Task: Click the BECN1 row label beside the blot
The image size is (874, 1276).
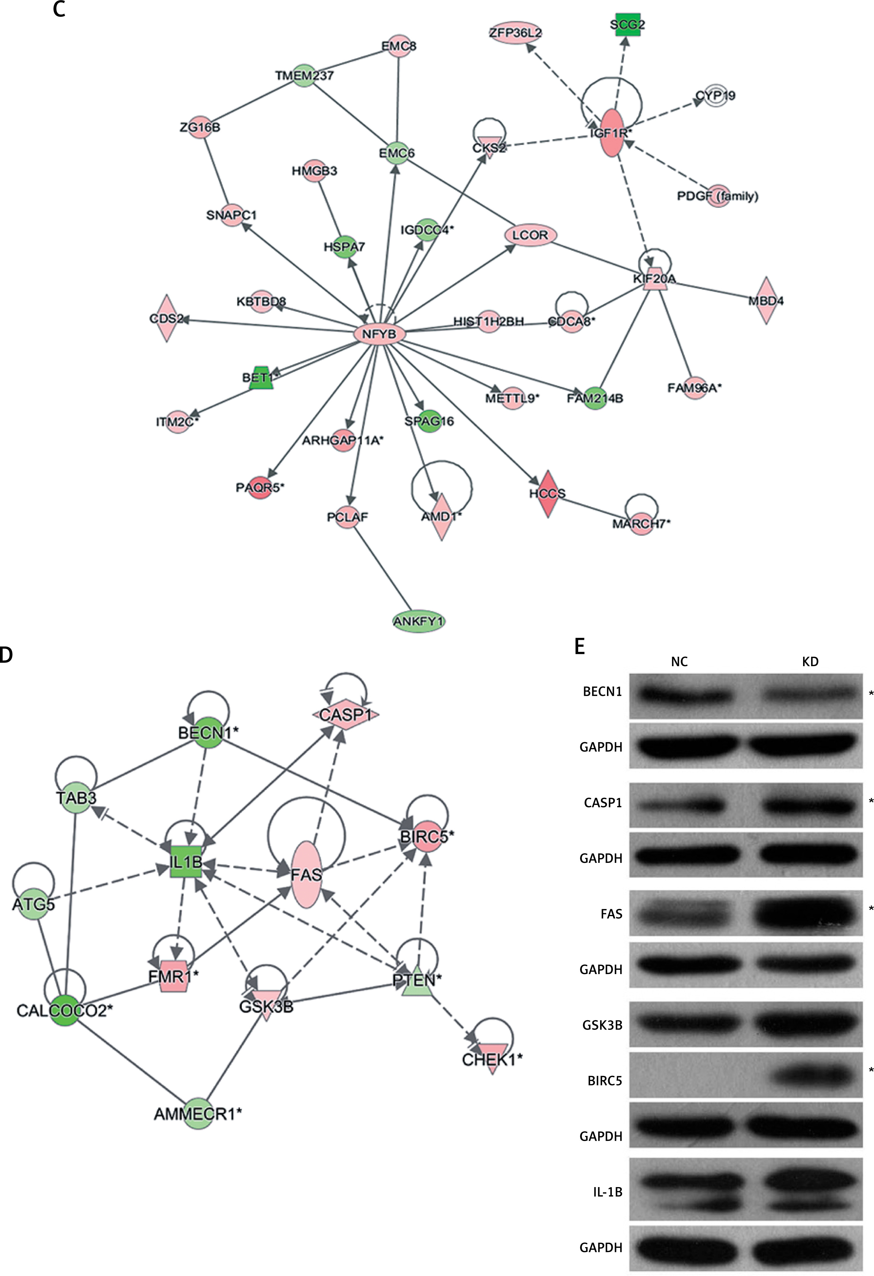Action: [x=602, y=692]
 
